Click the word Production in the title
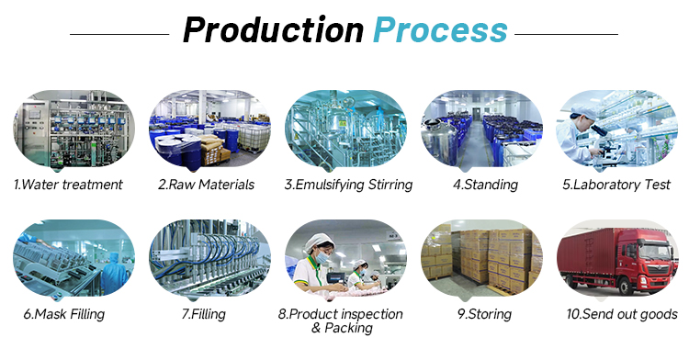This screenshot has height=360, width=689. (273, 30)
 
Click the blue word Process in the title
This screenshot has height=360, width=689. (440, 30)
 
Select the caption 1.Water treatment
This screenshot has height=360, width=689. (68, 185)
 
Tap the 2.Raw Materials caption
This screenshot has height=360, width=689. (206, 185)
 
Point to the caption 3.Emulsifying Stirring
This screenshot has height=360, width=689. (348, 185)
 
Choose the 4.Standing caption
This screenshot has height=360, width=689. (486, 185)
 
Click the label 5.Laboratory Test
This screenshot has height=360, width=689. (616, 185)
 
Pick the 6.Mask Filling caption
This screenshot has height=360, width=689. (64, 314)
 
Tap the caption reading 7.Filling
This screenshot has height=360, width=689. (203, 314)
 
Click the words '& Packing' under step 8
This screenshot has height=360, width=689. (342, 328)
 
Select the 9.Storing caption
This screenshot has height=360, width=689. (485, 314)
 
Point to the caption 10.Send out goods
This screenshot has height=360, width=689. (622, 314)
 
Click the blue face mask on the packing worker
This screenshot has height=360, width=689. (322, 258)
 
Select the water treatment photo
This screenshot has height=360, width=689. (73, 129)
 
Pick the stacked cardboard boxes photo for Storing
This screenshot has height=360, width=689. (482, 258)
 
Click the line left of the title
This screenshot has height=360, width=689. (119, 34)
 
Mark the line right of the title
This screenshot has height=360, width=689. (567, 34)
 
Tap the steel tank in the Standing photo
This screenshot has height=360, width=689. (439, 141)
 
